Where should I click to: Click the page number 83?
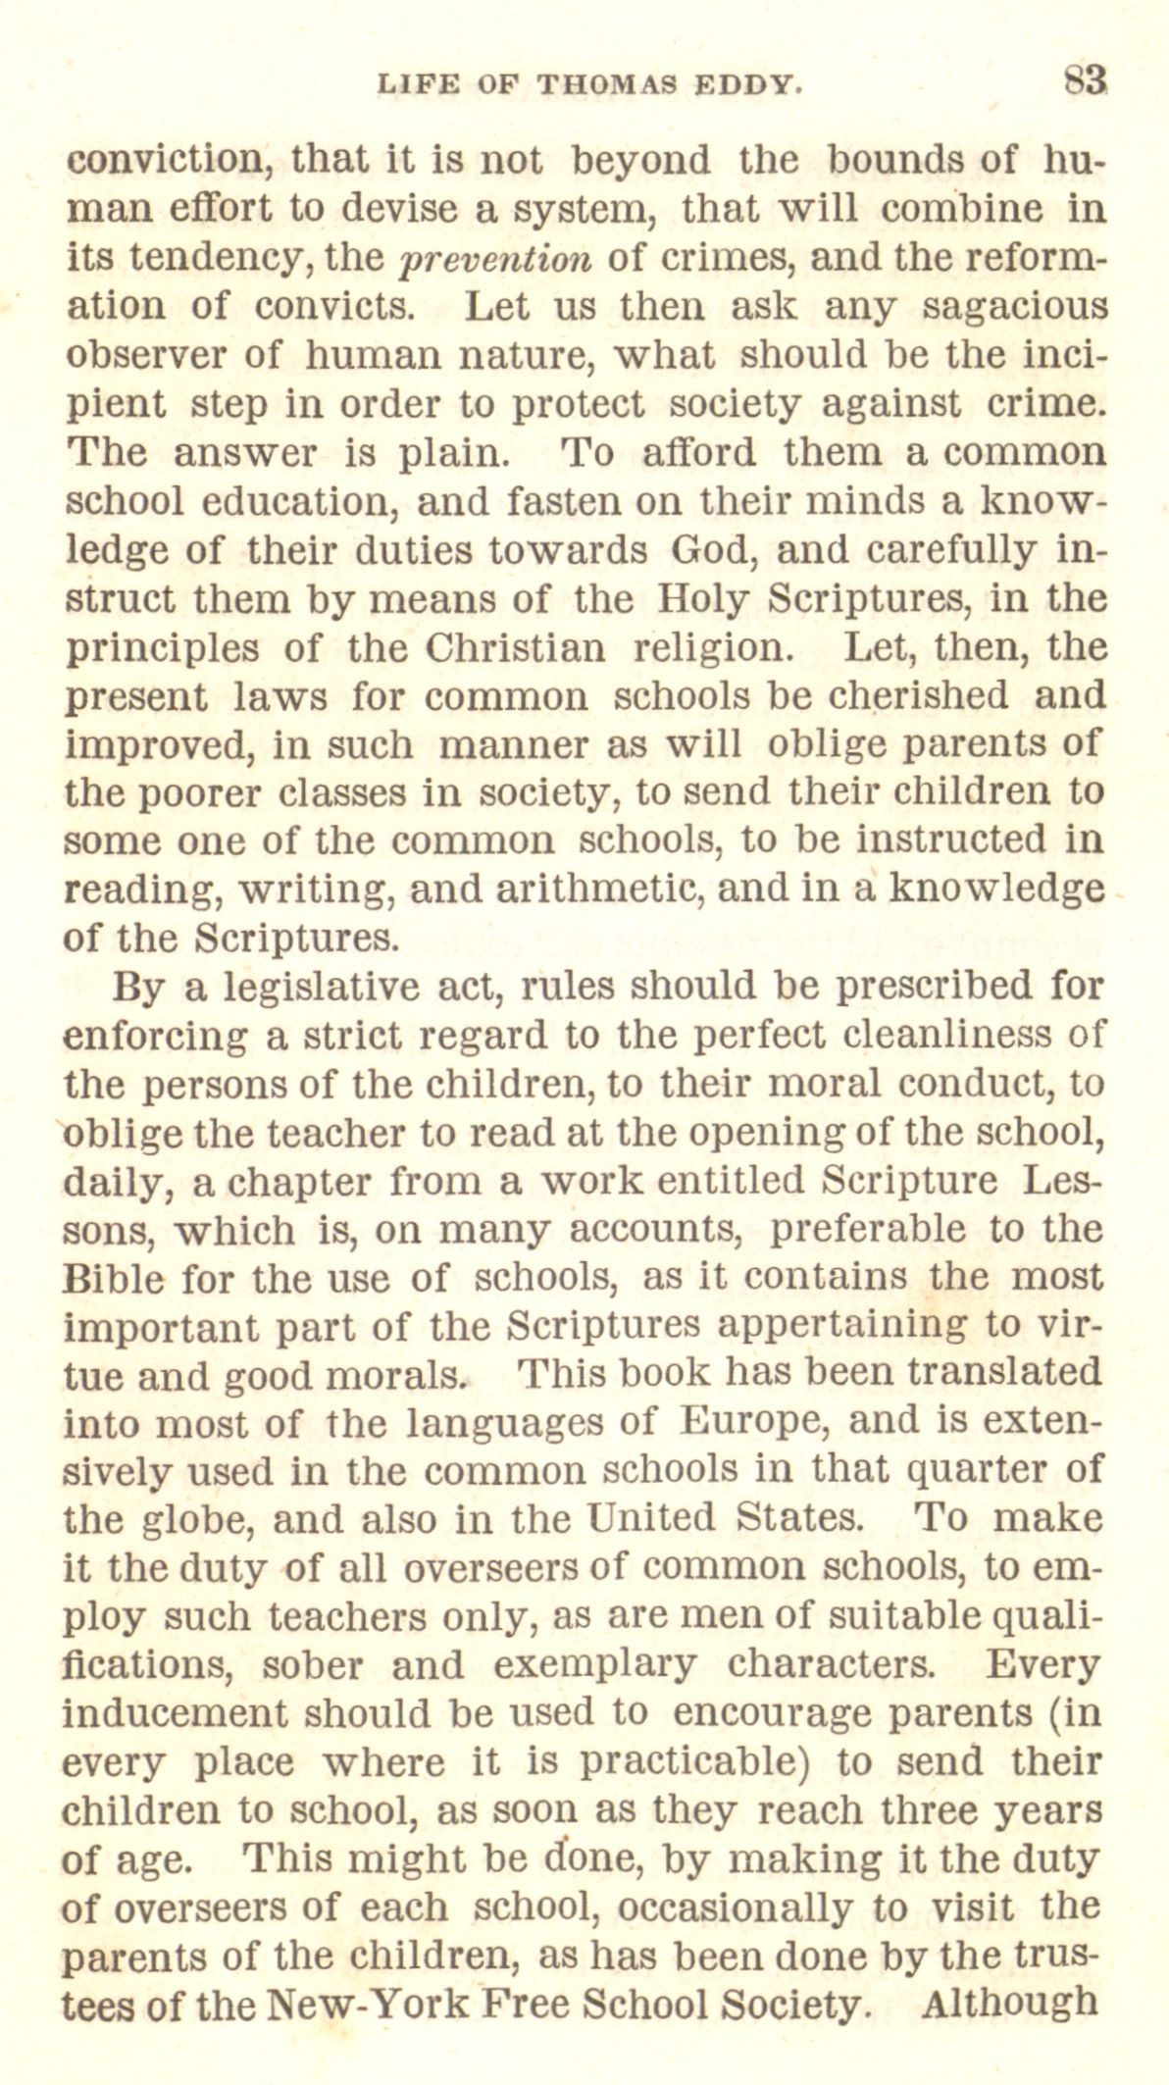(1087, 79)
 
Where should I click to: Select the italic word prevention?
(496, 258)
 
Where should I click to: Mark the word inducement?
(176, 1713)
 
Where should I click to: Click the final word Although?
(1010, 2001)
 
